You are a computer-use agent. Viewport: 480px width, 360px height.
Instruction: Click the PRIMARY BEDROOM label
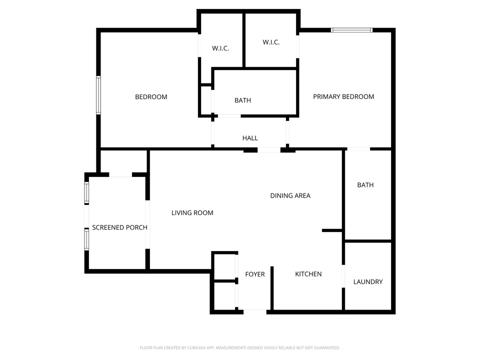coord(343,96)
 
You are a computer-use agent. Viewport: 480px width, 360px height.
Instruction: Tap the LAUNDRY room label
coord(368,281)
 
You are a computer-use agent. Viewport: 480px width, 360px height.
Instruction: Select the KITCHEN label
coord(308,274)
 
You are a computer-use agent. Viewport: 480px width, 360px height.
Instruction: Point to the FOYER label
coord(255,274)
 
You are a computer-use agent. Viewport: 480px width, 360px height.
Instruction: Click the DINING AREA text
coord(290,195)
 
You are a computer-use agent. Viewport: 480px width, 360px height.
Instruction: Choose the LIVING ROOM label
coord(192,213)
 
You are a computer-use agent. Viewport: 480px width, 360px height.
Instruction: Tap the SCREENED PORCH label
coord(119,227)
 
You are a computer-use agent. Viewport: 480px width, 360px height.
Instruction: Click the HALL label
coord(250,138)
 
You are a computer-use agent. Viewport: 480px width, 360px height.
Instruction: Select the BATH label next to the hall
coord(243,100)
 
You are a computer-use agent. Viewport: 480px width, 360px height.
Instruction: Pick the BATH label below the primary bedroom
coord(365,185)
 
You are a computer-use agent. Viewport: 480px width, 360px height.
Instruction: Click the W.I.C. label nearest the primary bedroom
coord(271,42)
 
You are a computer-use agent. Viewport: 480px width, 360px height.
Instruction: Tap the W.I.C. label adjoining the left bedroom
coord(220,48)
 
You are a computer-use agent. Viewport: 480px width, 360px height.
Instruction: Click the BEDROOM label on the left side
coord(151,96)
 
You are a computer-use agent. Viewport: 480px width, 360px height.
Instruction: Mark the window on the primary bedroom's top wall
coord(352,30)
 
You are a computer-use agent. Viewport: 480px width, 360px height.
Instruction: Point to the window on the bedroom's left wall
coord(98,95)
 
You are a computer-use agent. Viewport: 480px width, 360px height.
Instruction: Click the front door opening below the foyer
coord(255,312)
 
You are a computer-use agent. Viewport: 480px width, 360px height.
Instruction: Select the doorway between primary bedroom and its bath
coord(358,148)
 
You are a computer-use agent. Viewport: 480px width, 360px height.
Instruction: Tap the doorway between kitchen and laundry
coord(343,276)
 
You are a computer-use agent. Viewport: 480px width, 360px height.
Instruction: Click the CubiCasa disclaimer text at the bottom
coord(240,347)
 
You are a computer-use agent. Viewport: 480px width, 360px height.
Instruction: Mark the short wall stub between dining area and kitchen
coord(331,230)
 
